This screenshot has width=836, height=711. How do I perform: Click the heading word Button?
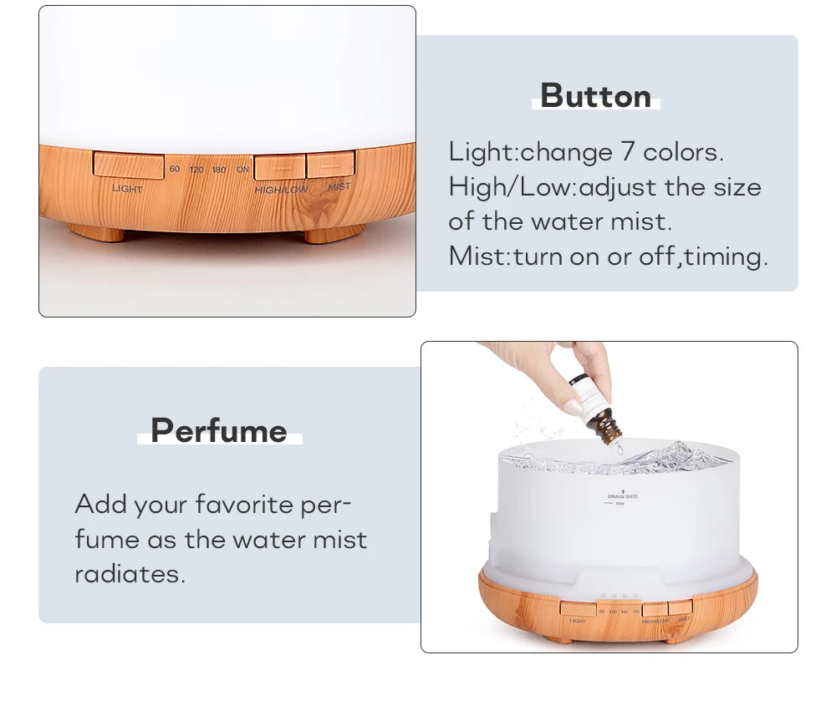(595, 96)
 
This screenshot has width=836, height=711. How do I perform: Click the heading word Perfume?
(219, 431)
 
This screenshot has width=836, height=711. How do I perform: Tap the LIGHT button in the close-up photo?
(128, 165)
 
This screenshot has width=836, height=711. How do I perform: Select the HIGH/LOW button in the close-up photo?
(279, 166)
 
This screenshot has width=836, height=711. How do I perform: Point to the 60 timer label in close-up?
(175, 169)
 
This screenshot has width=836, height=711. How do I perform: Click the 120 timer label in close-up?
(196, 170)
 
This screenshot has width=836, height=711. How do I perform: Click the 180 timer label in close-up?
(219, 170)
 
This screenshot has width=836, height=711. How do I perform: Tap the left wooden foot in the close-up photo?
(95, 231)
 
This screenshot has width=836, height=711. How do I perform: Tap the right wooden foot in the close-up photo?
(334, 233)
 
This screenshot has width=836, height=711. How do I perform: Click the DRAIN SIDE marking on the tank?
(622, 496)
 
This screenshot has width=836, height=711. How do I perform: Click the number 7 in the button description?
(628, 152)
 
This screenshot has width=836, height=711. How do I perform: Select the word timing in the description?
(724, 256)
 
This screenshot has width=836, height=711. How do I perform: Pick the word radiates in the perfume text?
(129, 574)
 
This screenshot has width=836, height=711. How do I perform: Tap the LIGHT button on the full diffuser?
(578, 610)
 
